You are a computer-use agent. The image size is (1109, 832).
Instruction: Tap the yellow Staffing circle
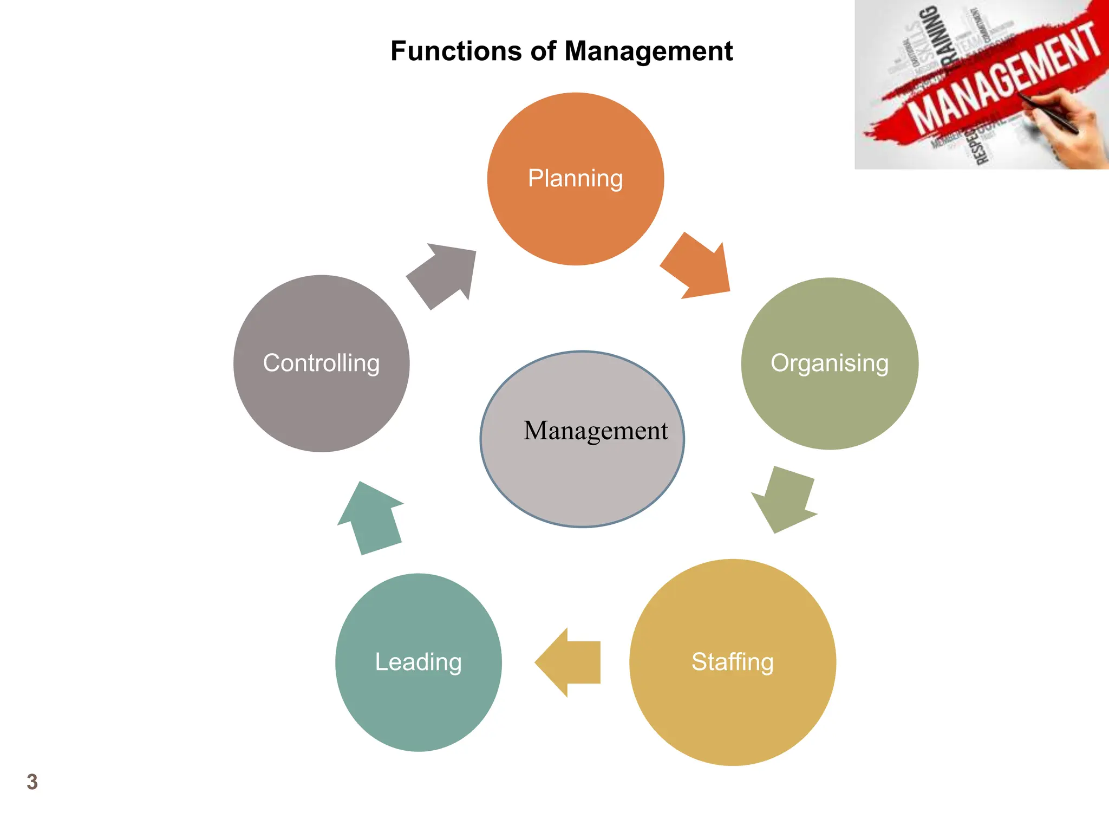(x=732, y=704)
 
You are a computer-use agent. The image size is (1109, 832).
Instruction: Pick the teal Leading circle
(x=418, y=704)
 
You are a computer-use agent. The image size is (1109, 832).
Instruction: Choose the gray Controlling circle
(x=321, y=406)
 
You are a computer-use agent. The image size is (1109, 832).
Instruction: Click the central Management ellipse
(x=582, y=477)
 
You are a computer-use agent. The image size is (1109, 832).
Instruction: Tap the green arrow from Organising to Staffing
(x=785, y=499)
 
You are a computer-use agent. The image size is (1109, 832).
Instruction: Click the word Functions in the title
(x=456, y=51)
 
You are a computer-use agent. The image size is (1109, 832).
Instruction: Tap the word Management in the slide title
(x=648, y=51)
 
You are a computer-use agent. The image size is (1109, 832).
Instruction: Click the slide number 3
(x=32, y=782)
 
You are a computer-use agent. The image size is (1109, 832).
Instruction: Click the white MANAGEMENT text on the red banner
(x=1002, y=79)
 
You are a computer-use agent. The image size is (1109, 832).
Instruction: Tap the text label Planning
(x=575, y=178)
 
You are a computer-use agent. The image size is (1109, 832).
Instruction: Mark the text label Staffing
(x=732, y=661)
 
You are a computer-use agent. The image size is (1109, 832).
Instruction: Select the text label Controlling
(x=321, y=363)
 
